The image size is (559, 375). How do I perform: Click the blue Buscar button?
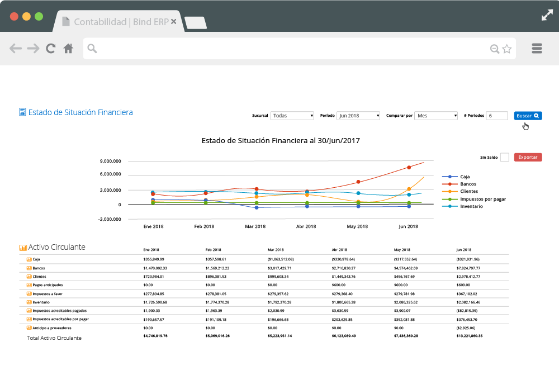[x=528, y=116]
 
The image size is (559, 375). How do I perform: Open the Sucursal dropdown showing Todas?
[x=292, y=116]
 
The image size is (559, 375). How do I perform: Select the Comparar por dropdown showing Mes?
[x=436, y=116]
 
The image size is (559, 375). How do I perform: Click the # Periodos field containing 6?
[x=496, y=116]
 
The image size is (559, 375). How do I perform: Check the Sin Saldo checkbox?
[x=504, y=158]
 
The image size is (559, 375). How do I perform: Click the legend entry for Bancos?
[x=468, y=184]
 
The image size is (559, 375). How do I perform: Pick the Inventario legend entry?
[x=471, y=206]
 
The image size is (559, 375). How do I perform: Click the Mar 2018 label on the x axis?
[x=255, y=226]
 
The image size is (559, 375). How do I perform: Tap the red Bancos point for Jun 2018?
[x=409, y=167]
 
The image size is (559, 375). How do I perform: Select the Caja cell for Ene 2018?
[x=154, y=259]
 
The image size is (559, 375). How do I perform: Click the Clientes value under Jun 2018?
[x=468, y=277]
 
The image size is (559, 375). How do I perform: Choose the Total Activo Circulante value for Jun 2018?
[x=469, y=336]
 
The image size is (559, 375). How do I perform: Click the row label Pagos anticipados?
[x=48, y=285]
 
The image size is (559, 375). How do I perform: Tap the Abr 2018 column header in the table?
[x=339, y=249]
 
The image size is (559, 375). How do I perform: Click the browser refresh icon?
[x=51, y=49]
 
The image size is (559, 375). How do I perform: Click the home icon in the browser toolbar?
[x=68, y=49]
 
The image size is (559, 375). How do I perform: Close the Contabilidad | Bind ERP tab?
[x=173, y=21]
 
